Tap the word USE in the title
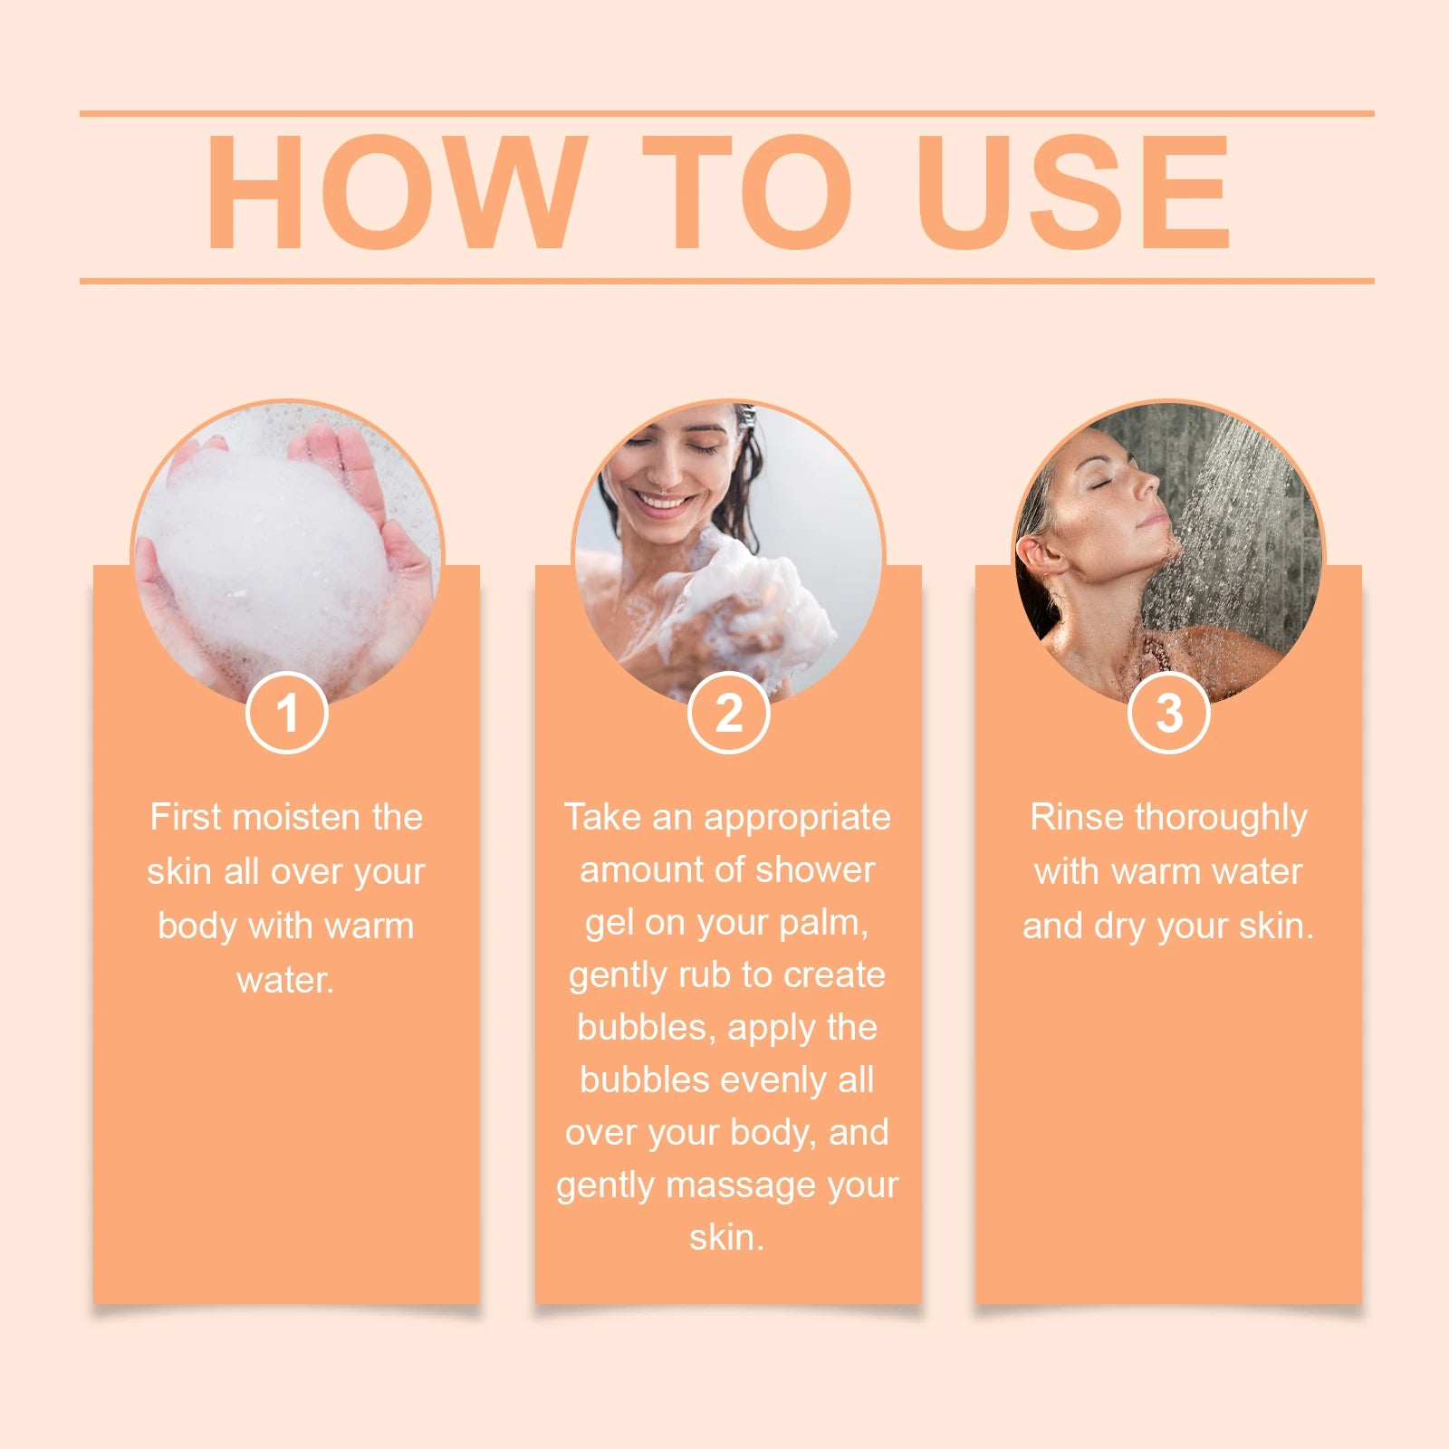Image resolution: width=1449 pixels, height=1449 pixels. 1072,192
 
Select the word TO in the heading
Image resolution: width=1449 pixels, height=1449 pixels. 748,192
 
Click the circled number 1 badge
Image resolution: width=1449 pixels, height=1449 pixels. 286,713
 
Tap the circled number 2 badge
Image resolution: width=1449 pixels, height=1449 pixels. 728,713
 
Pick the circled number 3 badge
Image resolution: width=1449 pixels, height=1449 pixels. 1168,713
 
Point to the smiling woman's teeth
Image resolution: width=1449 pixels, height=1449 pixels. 664,502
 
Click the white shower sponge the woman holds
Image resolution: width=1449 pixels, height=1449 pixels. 752,598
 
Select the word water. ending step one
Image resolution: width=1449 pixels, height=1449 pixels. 285,980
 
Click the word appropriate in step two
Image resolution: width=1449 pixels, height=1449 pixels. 797,817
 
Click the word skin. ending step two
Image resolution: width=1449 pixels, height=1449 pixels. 726,1237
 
